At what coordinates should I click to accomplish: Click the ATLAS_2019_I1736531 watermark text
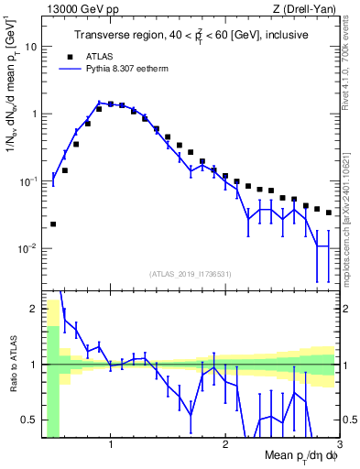pos(191,274)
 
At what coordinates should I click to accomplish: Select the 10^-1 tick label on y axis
pos(27,181)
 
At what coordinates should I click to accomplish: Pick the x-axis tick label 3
pos(338,446)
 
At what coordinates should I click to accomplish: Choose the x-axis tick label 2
pos(224,446)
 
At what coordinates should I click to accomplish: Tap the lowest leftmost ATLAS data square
pos(53,224)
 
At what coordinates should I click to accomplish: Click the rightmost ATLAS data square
pos(328,213)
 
